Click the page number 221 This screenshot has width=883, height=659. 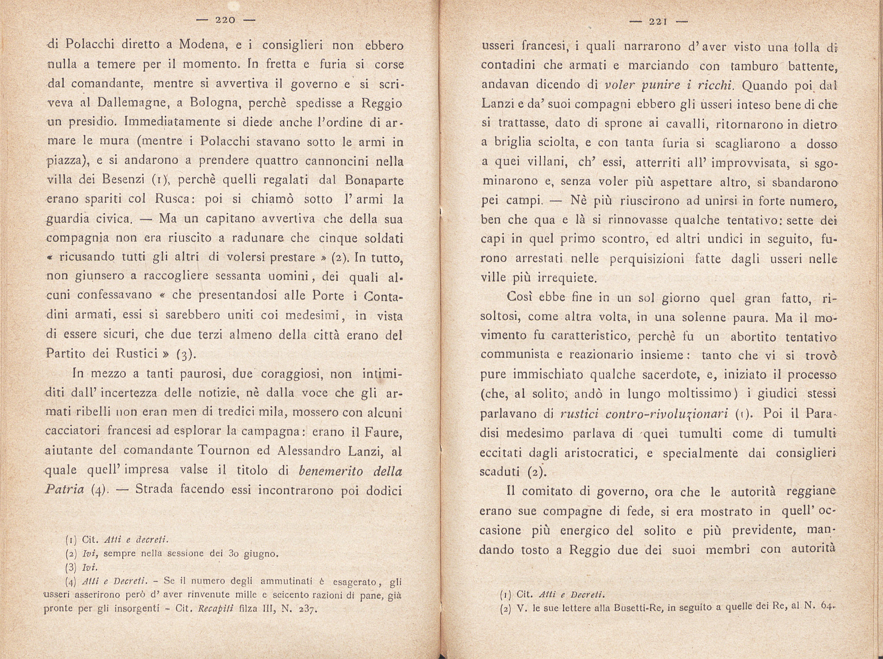657,21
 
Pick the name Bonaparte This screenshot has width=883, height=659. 374,181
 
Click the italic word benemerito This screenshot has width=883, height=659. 331,471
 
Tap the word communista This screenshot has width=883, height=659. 509,355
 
